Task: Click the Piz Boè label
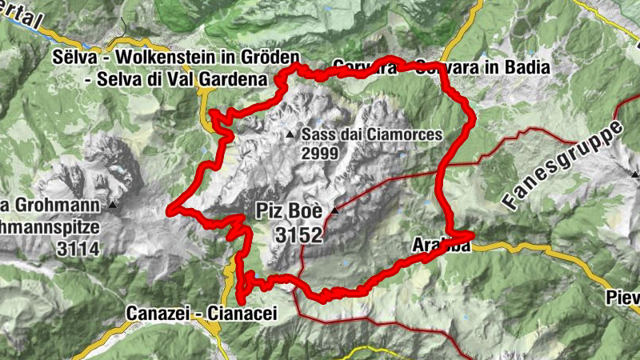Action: (x=289, y=212)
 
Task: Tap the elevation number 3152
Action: (x=298, y=234)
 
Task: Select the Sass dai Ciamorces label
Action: (x=372, y=135)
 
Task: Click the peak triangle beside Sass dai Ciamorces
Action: (x=291, y=134)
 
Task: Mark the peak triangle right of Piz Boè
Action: (x=335, y=211)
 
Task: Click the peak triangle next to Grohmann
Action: (x=113, y=206)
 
